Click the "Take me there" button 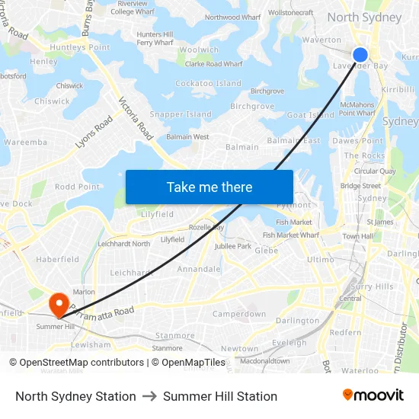[x=209, y=187]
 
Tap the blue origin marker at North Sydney [x=360, y=54]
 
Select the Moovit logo [x=373, y=395]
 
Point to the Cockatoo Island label [x=208, y=84]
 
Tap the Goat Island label [x=310, y=116]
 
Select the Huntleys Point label [x=80, y=47]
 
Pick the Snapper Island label [x=181, y=114]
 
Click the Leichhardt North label [x=124, y=244]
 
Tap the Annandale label [x=199, y=269]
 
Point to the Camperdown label [x=239, y=314]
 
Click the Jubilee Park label [x=233, y=247]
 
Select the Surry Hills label [x=373, y=286]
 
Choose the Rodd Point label [x=77, y=187]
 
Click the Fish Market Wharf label [x=291, y=235]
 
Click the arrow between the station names [x=149, y=396]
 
